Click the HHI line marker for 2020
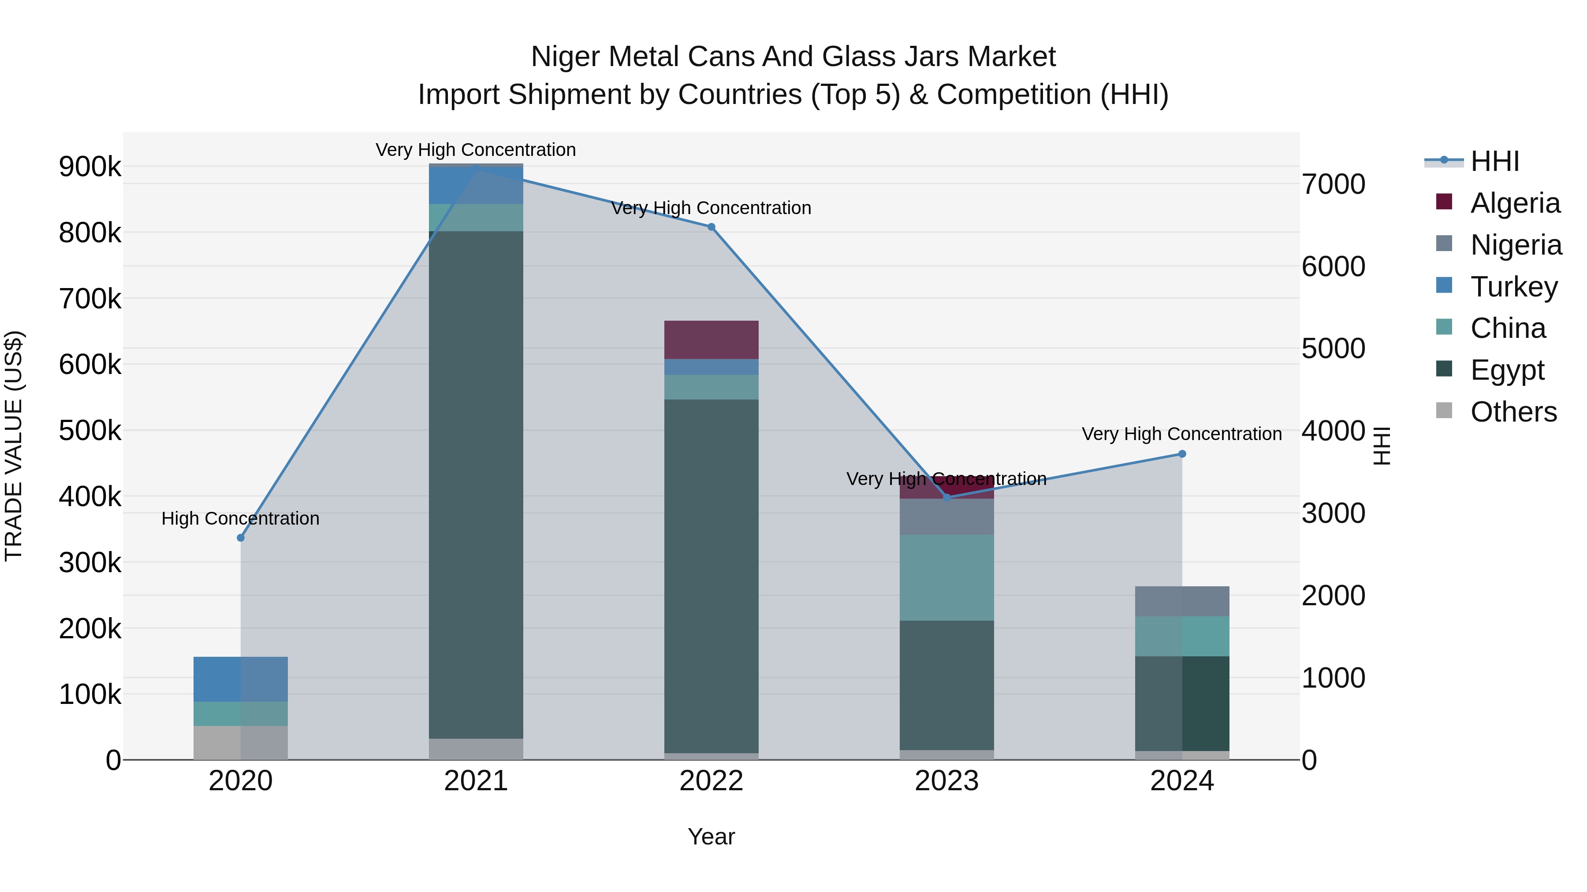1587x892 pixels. pos(241,537)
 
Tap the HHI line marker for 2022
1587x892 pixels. pos(711,227)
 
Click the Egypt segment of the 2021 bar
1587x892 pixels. pos(476,485)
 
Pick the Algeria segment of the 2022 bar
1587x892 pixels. pos(711,340)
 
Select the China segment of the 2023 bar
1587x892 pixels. pos(946,577)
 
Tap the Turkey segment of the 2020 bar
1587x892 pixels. pos(241,679)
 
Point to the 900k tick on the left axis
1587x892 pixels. pos(90,167)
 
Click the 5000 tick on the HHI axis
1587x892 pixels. pos(1333,349)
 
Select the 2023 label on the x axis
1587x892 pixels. pos(946,781)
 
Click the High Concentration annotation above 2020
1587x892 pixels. pos(240,518)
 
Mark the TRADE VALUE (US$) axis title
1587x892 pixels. pos(14,446)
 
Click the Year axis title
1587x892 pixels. pos(711,836)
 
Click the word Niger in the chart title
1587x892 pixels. pos(565,57)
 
